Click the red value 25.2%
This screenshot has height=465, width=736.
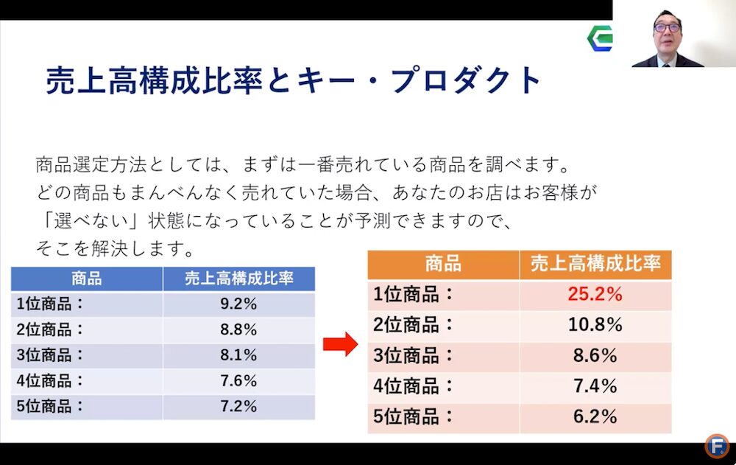click(595, 295)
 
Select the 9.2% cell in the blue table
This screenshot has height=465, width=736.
click(238, 304)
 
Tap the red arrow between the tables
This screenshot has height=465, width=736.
click(340, 344)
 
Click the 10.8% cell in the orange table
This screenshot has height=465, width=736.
click(595, 325)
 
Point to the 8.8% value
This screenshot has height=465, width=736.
click(238, 330)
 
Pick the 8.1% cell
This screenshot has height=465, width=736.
click(238, 355)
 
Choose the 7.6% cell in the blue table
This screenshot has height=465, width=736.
click(238, 381)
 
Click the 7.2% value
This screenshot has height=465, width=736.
click(238, 406)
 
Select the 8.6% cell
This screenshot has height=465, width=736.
click(595, 356)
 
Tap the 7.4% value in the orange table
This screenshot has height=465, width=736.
click(595, 386)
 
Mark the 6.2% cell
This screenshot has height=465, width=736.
click(595, 417)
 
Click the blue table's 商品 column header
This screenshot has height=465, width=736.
click(87, 279)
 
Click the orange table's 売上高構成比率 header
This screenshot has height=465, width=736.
click(595, 264)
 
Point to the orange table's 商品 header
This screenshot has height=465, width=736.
click(443, 264)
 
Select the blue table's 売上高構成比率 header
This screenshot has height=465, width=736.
click(238, 279)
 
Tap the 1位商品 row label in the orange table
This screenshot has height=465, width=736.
click(414, 295)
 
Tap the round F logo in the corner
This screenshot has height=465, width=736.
click(716, 446)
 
